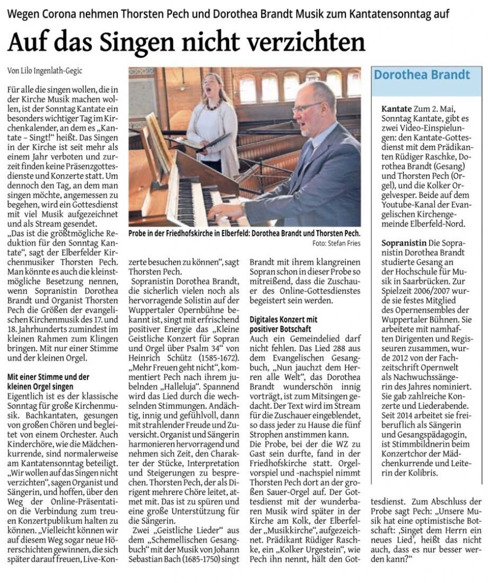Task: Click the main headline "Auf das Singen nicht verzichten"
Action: [x=186, y=42]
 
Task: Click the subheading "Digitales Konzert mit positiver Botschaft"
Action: [x=283, y=324]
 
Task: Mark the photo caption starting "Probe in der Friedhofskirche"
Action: [x=244, y=233]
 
